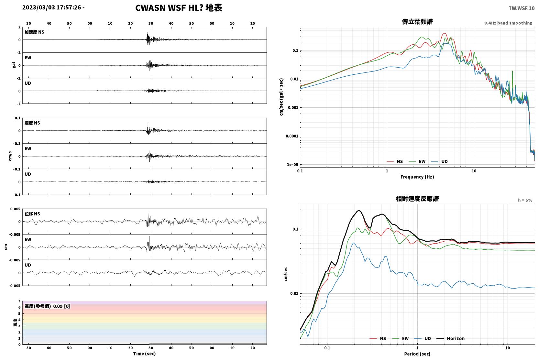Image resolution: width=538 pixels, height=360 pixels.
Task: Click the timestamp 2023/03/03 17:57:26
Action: [52, 7]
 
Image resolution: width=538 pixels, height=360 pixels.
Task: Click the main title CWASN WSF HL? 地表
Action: [179, 8]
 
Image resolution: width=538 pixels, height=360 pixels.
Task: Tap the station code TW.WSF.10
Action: [522, 8]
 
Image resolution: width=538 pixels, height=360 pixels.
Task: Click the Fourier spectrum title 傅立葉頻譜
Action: [417, 22]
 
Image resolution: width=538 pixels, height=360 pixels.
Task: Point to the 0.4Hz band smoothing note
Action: [508, 23]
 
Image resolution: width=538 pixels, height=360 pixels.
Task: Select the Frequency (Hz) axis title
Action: [417, 177]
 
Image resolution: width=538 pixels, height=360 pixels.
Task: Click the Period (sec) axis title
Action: [417, 354]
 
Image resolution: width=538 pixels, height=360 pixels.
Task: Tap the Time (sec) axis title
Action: [144, 354]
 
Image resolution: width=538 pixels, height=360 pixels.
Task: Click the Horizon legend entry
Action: [450, 338]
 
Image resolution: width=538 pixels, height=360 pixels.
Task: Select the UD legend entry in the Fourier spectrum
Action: [439, 161]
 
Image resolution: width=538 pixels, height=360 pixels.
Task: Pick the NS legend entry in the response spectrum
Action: [378, 338]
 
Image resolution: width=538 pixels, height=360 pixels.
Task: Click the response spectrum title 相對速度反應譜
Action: [417, 199]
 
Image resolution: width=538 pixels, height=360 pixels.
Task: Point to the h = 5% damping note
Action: [525, 200]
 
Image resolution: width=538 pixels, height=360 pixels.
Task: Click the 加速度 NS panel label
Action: [34, 32]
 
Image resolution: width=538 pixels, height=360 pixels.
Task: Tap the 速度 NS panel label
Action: [32, 123]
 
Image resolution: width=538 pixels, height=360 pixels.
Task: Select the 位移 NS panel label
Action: [32, 214]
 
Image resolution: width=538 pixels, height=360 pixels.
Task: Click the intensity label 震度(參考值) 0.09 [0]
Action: [47, 306]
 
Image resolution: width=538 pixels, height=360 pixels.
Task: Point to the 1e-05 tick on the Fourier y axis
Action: [292, 165]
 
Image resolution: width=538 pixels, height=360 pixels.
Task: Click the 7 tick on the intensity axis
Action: [19, 301]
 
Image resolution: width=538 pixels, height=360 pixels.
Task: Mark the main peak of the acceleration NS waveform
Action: [148, 33]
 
